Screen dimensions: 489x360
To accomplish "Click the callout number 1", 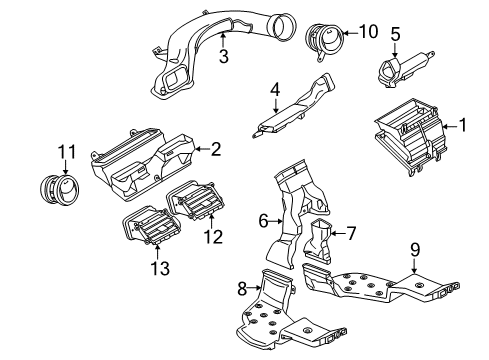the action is click(x=462, y=125).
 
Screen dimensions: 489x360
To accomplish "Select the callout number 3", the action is click(x=224, y=56).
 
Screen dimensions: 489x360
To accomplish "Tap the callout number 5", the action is click(x=395, y=34).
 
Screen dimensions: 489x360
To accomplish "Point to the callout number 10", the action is click(x=369, y=32).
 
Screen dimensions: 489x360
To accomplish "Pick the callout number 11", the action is click(x=67, y=152).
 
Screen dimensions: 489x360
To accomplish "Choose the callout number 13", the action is click(x=160, y=268).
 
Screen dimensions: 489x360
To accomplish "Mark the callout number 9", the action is click(x=415, y=250).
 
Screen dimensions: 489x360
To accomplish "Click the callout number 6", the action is click(x=263, y=221).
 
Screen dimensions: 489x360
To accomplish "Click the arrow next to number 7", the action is click(x=339, y=233).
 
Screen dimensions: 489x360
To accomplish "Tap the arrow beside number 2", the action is click(x=202, y=149).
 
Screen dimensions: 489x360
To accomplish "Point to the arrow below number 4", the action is click(x=275, y=105).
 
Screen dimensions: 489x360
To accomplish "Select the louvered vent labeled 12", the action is click(x=196, y=200).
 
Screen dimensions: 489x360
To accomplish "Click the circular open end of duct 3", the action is click(x=284, y=26).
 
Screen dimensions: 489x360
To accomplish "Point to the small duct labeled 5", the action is click(x=404, y=69).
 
